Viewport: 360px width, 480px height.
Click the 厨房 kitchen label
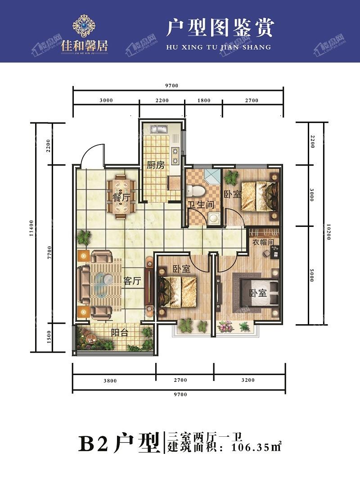click(x=156, y=165)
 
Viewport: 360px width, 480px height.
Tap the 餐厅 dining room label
click(x=121, y=197)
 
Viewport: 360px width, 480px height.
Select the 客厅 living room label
click(x=132, y=281)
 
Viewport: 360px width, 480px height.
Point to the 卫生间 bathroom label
click(x=201, y=204)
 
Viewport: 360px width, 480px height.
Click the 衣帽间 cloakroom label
click(x=263, y=242)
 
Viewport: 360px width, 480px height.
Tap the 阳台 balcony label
click(x=120, y=332)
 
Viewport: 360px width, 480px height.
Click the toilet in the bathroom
click(x=194, y=190)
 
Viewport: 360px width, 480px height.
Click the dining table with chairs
click(x=121, y=196)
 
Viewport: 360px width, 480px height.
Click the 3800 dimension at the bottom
click(x=110, y=381)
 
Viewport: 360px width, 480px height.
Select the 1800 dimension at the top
click(x=204, y=100)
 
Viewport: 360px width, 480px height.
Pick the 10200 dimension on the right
click(x=328, y=231)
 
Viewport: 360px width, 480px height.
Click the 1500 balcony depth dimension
click(x=49, y=337)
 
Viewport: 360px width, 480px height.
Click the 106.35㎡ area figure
click(x=256, y=447)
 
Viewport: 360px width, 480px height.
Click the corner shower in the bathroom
click(x=212, y=177)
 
